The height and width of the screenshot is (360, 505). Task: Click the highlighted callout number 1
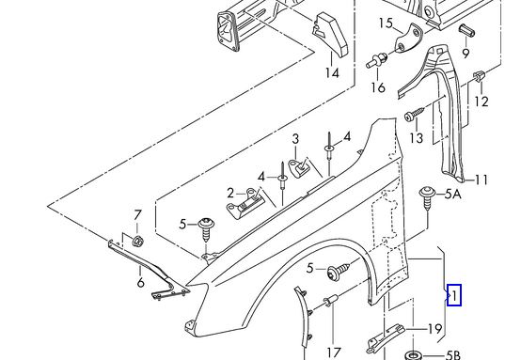tap(454, 295)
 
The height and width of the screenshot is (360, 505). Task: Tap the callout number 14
tap(332, 73)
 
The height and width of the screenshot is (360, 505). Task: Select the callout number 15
tap(386, 23)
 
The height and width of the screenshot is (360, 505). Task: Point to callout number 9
tap(466, 54)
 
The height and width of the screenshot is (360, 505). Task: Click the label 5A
tap(453, 195)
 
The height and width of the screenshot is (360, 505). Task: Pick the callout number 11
tap(481, 180)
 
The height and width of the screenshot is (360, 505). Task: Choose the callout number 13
tap(416, 138)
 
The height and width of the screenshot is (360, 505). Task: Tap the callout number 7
tap(137, 215)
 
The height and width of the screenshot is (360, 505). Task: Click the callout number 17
tap(334, 352)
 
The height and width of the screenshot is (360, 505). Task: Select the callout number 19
tap(434, 329)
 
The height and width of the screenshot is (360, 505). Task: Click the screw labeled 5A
tap(427, 197)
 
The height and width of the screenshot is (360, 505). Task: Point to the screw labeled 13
tap(415, 115)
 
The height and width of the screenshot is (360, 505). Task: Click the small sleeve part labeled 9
tap(467, 31)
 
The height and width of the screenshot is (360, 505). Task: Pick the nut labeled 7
tap(138, 241)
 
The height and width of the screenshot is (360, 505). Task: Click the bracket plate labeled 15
tap(408, 39)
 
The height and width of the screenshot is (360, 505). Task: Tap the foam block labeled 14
tap(330, 35)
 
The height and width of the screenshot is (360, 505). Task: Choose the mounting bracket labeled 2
tap(245, 205)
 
